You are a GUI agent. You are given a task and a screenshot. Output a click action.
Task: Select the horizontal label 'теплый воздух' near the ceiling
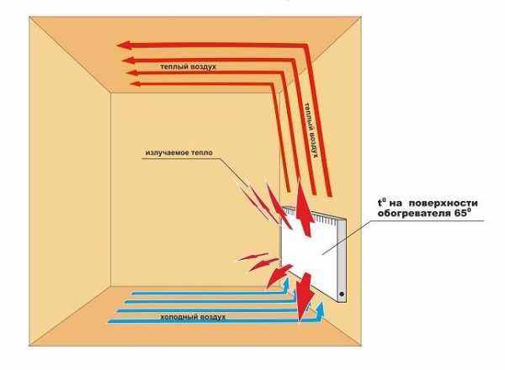(189, 65)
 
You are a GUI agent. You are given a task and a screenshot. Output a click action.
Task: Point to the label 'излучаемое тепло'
(179, 154)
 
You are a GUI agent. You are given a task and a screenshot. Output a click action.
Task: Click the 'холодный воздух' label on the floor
(197, 317)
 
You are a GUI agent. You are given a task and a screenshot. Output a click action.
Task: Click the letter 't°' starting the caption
(382, 202)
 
